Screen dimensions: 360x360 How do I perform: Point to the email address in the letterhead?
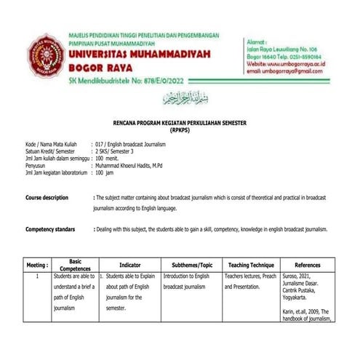click(x=284, y=71)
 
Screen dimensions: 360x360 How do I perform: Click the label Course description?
click(x=47, y=198)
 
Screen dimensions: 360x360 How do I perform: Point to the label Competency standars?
click(x=50, y=229)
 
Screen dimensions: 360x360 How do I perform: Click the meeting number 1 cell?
click(x=36, y=277)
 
